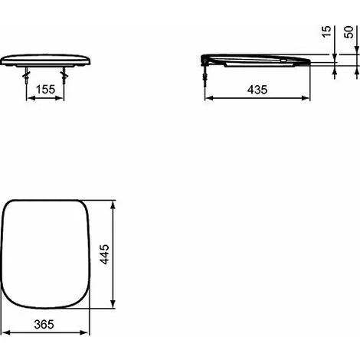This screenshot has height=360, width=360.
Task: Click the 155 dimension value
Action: pyautogui.click(x=45, y=90)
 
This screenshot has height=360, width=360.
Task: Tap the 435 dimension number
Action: pyautogui.click(x=257, y=90)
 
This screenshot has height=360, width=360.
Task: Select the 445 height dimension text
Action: pyautogui.click(x=104, y=254)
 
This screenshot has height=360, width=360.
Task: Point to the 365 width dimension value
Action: pyautogui.click(x=44, y=324)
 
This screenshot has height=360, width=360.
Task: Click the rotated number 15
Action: pyautogui.click(x=326, y=31)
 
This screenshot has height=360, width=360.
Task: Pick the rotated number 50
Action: pyautogui.click(x=349, y=32)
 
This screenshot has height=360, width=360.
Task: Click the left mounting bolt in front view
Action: pyautogui.click(x=26, y=75)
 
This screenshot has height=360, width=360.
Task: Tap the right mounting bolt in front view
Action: pyautogui.click(x=64, y=75)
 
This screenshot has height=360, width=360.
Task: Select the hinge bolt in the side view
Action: pyautogui.click(x=205, y=73)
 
